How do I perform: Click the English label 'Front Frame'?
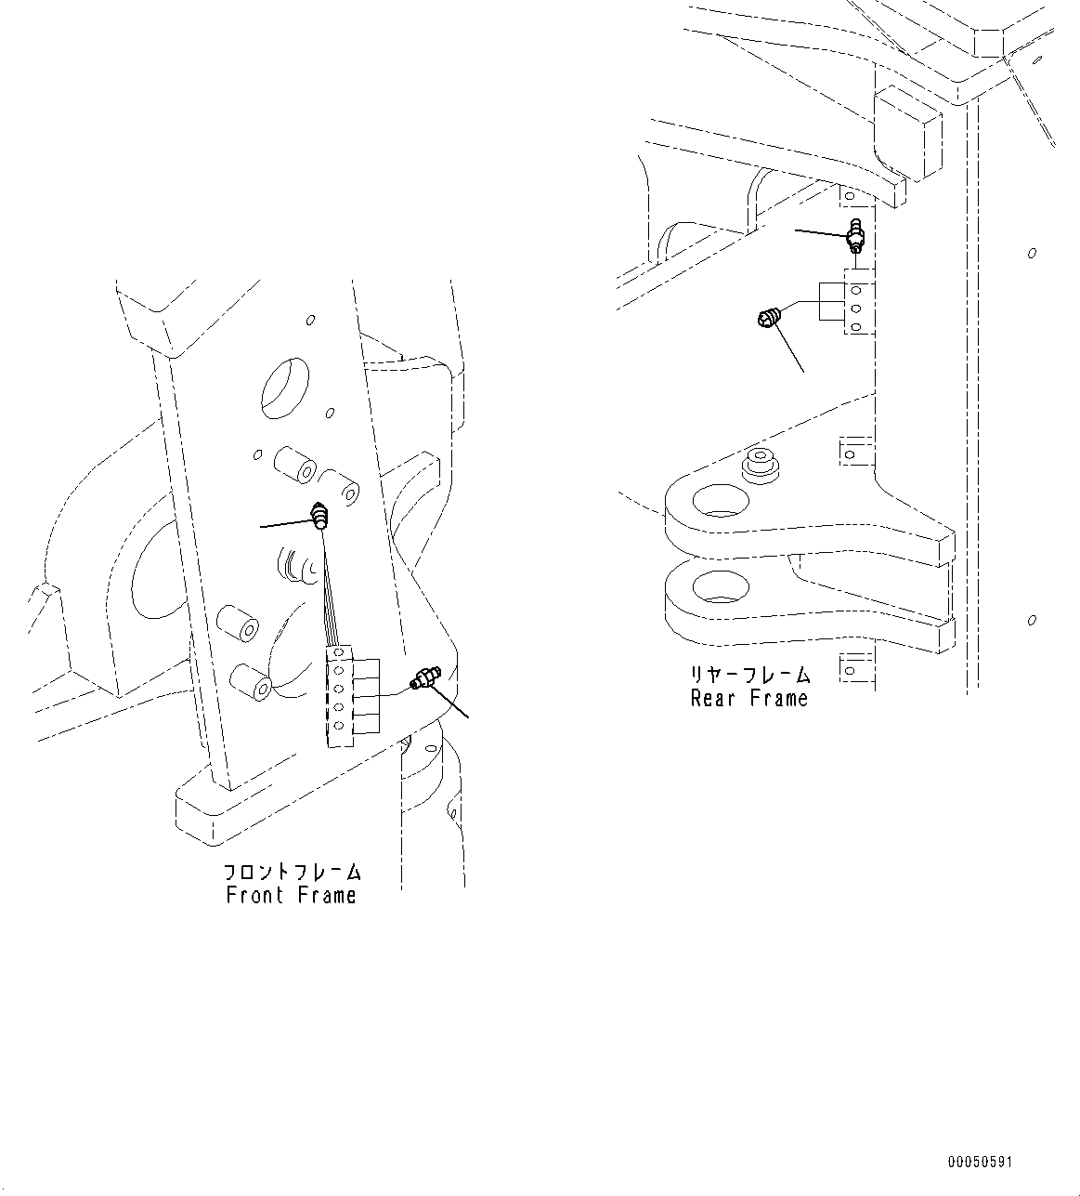click(x=291, y=895)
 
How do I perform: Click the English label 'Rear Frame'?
click(x=748, y=699)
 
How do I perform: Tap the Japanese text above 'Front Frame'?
click(x=291, y=873)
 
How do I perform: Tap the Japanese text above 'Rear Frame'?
click(x=748, y=676)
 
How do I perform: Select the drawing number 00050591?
click(x=981, y=1163)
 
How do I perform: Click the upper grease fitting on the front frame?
click(x=320, y=516)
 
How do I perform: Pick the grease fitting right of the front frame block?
click(x=422, y=679)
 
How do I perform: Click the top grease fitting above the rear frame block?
click(x=856, y=234)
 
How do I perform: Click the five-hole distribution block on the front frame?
click(x=340, y=697)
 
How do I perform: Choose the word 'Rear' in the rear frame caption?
click(x=712, y=699)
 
